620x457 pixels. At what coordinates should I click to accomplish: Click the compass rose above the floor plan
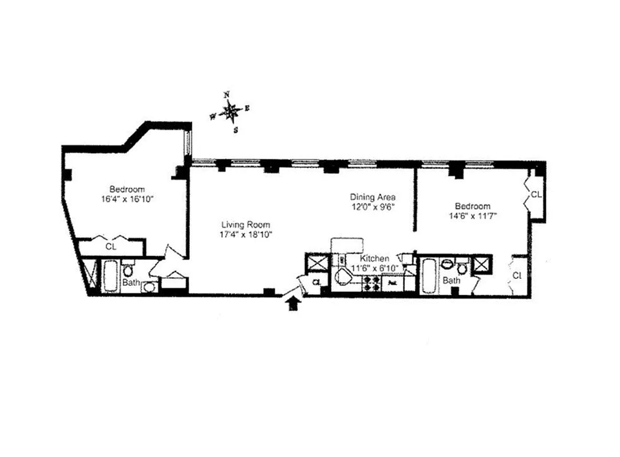230,111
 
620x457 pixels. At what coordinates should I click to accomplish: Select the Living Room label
246,225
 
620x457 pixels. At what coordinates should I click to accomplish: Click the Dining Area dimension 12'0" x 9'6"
373,207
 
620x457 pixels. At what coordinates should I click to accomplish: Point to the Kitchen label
375,259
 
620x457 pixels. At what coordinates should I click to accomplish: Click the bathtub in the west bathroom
110,276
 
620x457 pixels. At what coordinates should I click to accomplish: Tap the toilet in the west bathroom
129,269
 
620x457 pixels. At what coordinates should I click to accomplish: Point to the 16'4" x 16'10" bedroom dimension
127,199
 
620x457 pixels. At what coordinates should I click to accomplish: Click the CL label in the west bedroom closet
111,247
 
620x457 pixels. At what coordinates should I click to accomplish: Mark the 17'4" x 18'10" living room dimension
246,234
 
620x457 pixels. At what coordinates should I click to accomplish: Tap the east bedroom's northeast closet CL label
535,195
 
